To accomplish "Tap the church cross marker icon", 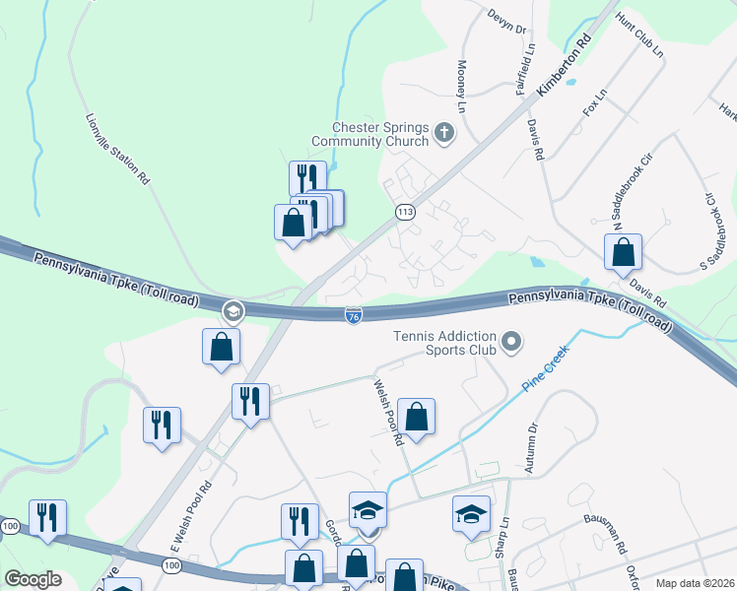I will [444, 132].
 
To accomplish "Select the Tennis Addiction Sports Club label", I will [444, 342].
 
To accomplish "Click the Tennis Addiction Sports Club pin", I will [511, 343].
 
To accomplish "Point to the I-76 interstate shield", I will [354, 315].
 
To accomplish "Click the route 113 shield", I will [404, 212].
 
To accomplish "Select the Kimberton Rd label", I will [564, 67].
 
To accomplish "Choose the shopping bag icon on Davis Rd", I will [624, 254].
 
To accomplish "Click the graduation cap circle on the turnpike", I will [233, 312].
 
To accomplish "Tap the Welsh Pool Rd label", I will [388, 414].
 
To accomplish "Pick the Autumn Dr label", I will [532, 448].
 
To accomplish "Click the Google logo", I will [33, 579].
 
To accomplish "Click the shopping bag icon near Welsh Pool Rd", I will [417, 417].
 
